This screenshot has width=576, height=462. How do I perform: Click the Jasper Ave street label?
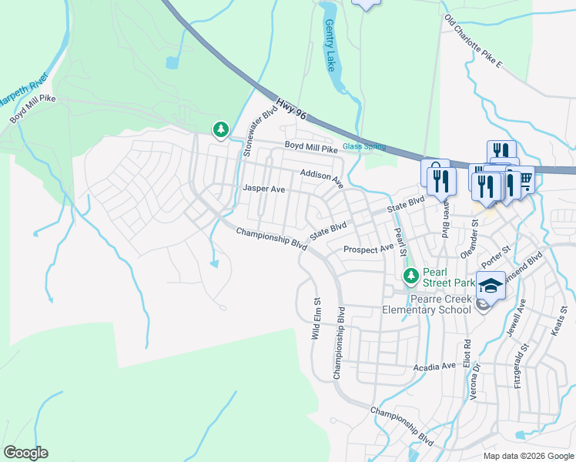tap(264, 189)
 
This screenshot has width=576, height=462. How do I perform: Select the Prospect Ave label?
tap(369, 249)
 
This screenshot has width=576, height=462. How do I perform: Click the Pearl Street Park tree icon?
tap(411, 275)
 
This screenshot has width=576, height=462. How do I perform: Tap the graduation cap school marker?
tap(491, 286)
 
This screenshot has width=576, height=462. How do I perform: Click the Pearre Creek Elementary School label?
tap(427, 303)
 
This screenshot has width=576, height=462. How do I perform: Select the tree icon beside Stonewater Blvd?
tap(221, 129)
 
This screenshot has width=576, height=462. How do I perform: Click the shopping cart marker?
tap(525, 180)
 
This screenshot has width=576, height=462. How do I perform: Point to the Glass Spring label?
tap(363, 147)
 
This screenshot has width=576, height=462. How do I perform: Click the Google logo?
tap(25, 453)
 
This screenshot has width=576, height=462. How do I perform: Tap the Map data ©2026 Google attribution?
tap(528, 456)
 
